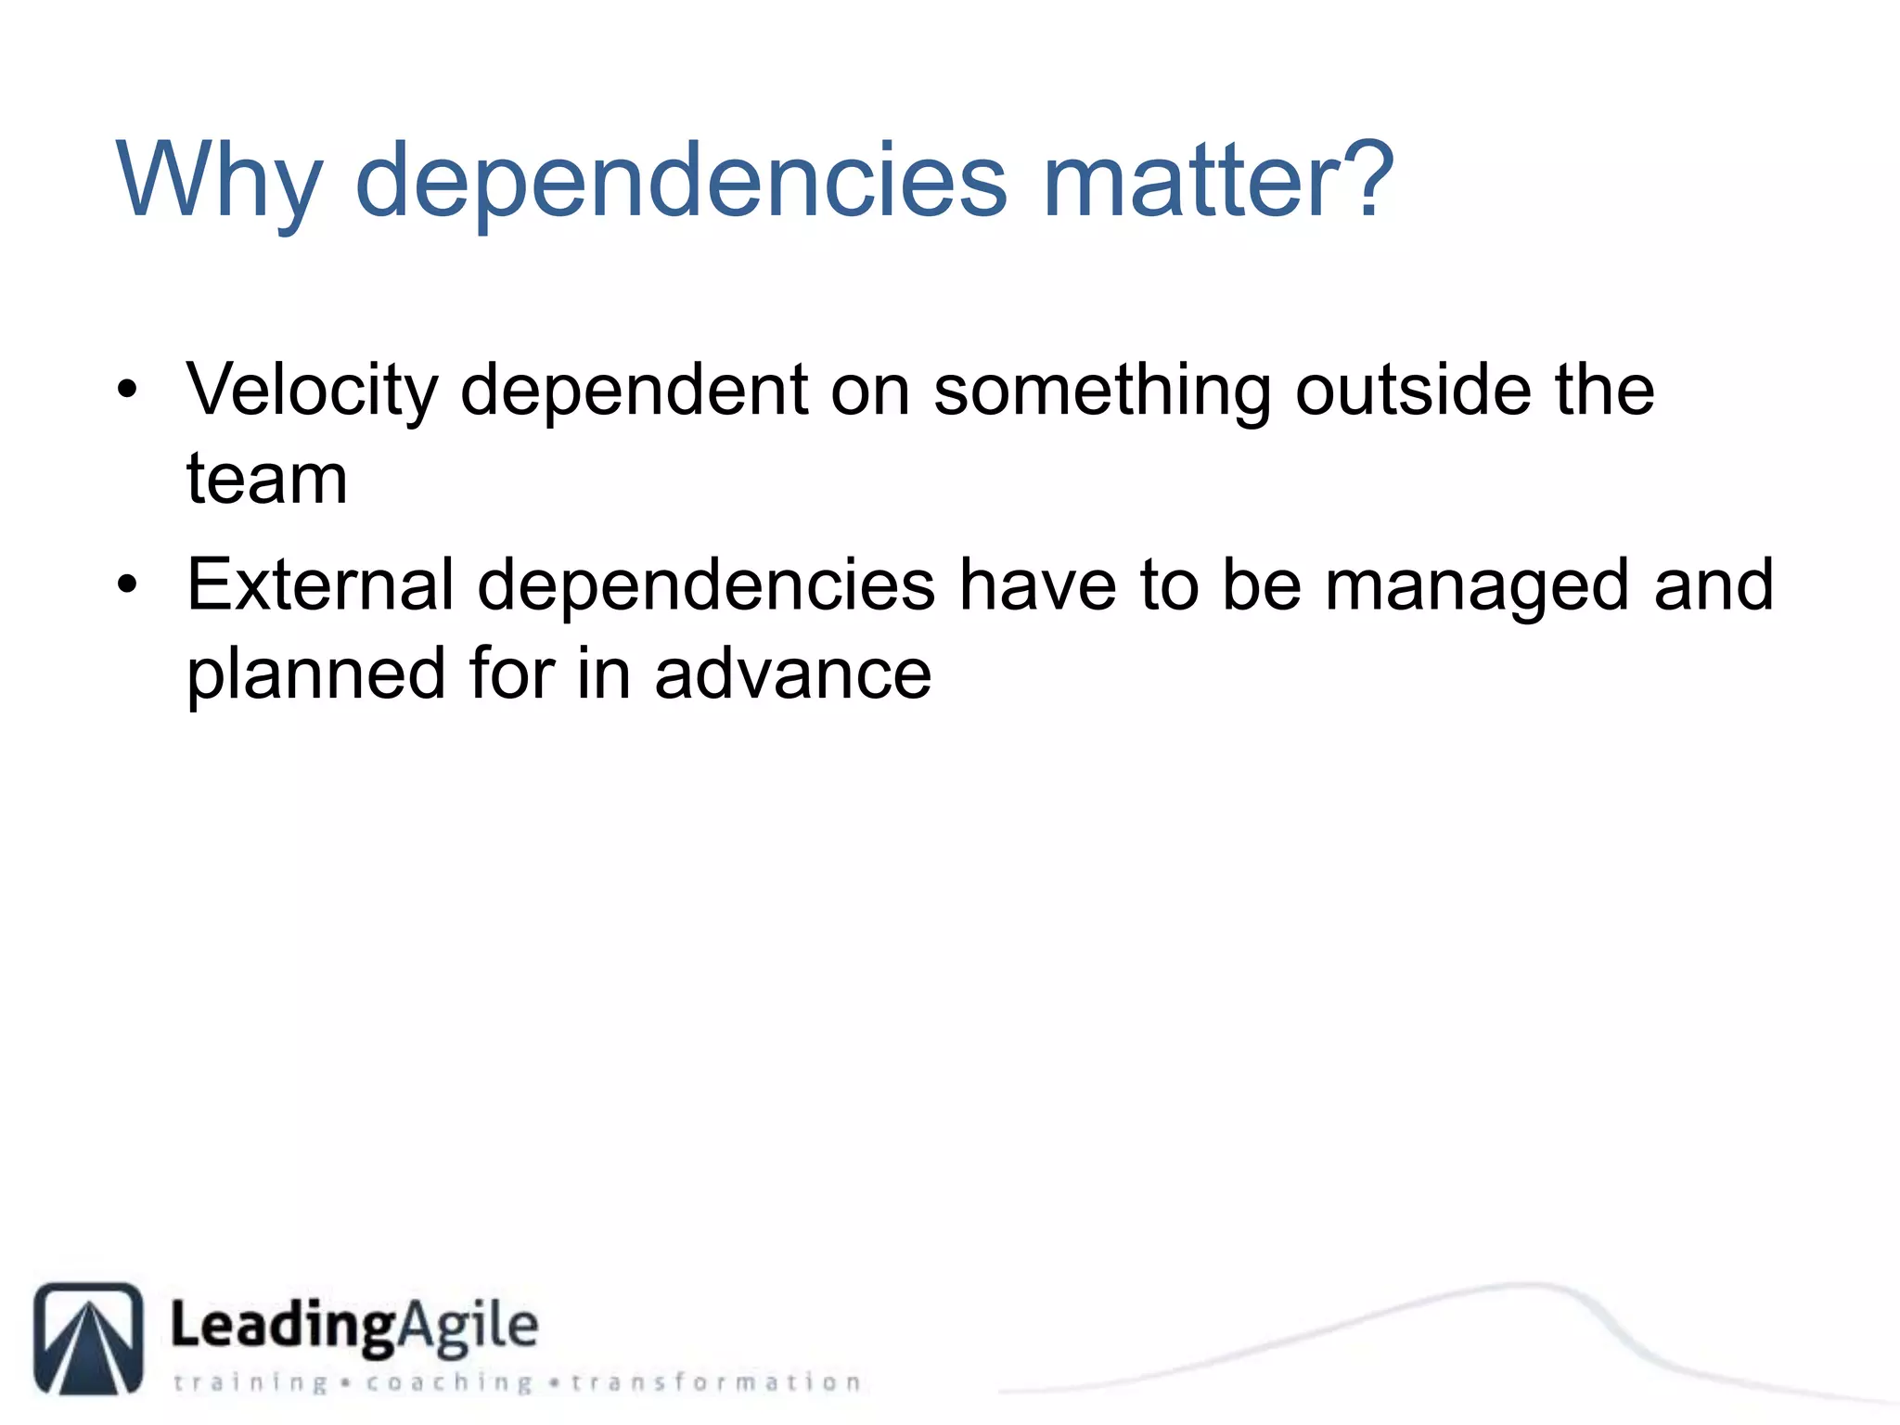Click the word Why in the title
(219, 181)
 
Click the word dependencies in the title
(681, 181)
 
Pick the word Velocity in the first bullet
(312, 391)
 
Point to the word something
(1102, 391)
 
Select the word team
(267, 480)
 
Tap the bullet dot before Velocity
(128, 389)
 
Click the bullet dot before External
(128, 584)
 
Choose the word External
(320, 584)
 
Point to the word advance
(793, 674)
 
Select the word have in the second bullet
(1037, 584)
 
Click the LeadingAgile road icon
(88, 1338)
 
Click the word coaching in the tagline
(449, 1383)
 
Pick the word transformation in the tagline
(715, 1382)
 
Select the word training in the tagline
(250, 1383)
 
